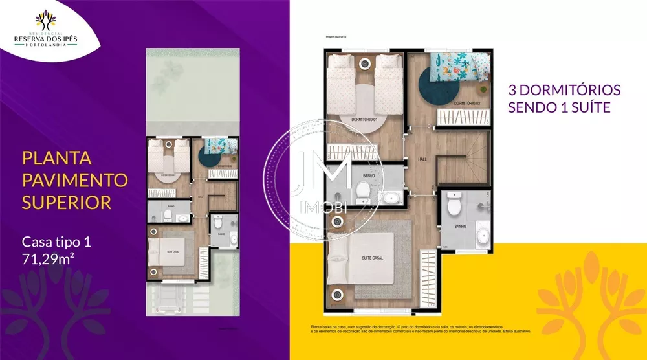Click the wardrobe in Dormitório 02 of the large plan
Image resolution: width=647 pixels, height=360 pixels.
462,117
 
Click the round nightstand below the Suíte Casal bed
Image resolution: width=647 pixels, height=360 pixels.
336,295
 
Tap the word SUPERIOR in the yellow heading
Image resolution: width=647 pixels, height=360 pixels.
67,202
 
